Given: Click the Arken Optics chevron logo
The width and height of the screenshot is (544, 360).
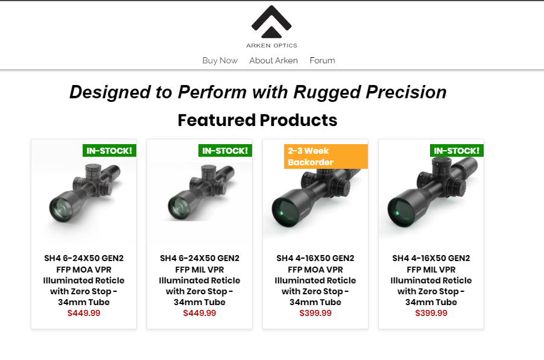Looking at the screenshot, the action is [271, 22].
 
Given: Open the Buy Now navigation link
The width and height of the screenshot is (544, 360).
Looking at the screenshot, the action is [220, 60].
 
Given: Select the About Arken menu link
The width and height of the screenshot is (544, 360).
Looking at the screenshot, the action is [273, 60].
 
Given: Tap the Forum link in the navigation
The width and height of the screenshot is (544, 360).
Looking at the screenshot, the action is [322, 60].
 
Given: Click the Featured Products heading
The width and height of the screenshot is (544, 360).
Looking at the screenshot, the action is [258, 121].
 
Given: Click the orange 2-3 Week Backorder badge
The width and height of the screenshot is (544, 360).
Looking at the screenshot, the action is [326, 156].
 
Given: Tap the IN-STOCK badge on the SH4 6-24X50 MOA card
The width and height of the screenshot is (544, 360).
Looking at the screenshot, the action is [109, 151].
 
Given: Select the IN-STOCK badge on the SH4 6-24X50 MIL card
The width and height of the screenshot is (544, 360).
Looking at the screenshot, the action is [225, 151].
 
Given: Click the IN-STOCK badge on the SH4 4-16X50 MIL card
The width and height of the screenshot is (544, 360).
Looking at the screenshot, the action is [457, 151].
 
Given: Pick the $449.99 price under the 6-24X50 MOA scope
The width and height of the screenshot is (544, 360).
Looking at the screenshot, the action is [84, 313].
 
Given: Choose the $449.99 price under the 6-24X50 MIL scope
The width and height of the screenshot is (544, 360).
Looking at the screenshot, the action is [200, 313].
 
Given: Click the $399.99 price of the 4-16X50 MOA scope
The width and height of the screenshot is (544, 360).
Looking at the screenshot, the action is [315, 313].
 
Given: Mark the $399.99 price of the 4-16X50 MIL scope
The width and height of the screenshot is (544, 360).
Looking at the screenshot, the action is [431, 313].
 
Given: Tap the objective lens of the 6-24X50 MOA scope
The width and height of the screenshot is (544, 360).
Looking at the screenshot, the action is [62, 209].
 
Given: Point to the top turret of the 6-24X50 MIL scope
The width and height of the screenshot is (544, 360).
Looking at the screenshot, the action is [209, 172].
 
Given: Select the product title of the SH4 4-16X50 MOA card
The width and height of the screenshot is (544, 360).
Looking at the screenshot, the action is [315, 280].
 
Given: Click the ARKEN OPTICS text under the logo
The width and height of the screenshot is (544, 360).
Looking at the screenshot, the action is [271, 45].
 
